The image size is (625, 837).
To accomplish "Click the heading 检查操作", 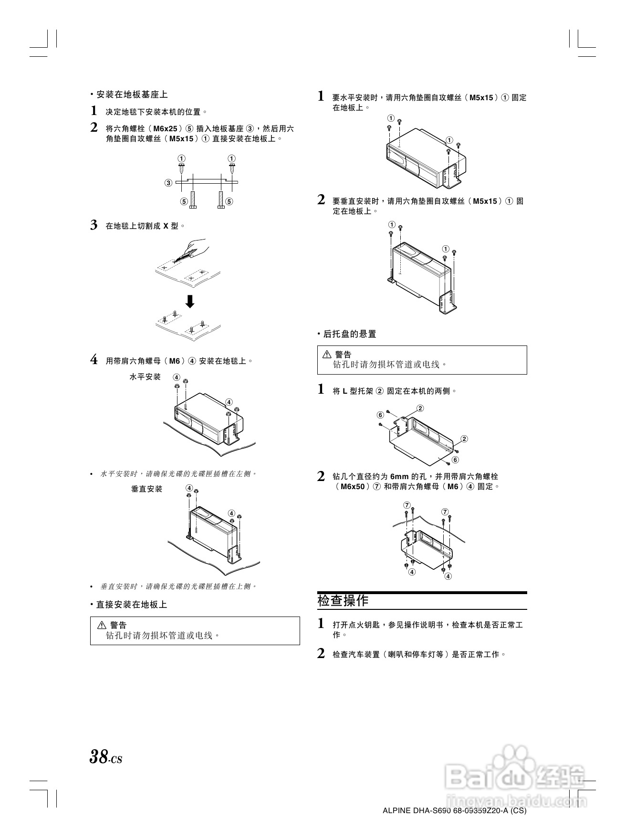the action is coord(343,600).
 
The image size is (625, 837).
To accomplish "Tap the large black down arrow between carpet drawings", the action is coord(189,302).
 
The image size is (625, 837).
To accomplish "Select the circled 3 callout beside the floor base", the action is coord(168,183).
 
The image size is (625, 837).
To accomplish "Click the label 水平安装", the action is coord(145,377).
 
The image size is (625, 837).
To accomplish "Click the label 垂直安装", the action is coord(146,489).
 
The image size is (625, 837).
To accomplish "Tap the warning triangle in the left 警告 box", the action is coord(101,625).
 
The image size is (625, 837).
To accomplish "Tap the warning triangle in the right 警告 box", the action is coord(327,355).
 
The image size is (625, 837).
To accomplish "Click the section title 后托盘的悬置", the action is coord(349,334).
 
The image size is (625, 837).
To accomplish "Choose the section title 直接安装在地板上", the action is coord(131,605).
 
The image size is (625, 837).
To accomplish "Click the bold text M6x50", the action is coord(353,487).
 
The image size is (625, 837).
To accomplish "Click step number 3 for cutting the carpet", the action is coord(94,225).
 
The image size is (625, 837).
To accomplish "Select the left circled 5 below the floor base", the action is coord(184,201).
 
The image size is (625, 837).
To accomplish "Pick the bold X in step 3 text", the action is coord(166,226).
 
